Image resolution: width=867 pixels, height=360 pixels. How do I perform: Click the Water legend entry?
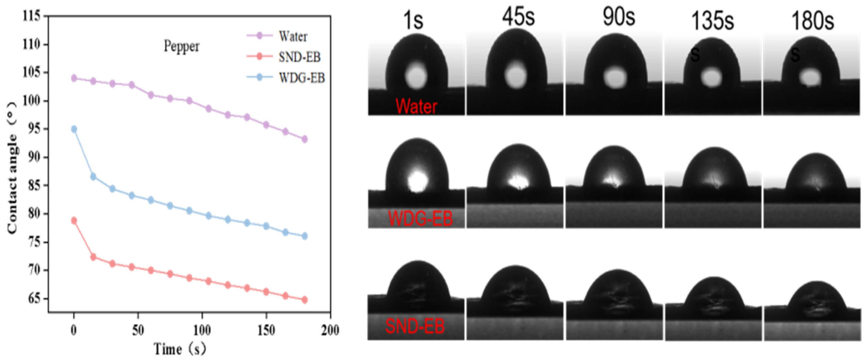point(292,36)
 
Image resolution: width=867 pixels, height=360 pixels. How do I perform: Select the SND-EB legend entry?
point(299,57)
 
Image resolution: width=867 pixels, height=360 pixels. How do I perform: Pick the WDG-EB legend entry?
point(301,78)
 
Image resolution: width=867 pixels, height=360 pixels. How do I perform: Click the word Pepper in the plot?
point(182,47)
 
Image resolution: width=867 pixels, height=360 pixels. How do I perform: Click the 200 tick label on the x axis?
point(330,330)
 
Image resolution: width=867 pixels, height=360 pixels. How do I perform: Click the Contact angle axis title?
point(12,168)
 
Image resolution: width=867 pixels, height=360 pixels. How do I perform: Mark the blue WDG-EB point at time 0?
point(74,129)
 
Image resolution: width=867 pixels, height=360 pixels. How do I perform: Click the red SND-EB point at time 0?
point(74,221)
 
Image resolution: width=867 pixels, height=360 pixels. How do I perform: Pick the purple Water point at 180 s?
point(305,139)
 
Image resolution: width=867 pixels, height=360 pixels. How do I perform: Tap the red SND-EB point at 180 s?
point(305,300)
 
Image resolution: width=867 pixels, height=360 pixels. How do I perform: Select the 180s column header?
point(812,21)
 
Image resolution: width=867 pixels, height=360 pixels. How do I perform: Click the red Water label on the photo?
point(416,106)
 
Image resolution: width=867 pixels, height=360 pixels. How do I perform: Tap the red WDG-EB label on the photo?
point(420,218)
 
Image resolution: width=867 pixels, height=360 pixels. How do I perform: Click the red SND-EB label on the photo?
point(415,326)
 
